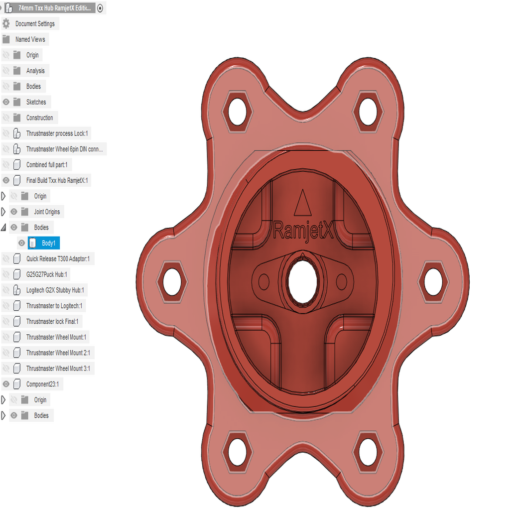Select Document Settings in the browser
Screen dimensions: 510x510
(x=35, y=23)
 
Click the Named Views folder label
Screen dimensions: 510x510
(x=30, y=39)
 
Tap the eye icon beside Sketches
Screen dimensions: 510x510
(x=6, y=102)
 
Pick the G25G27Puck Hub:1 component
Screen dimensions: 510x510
(x=46, y=274)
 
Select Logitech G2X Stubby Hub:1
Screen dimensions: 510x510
(x=55, y=290)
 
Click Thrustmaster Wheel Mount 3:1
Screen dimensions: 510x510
(x=58, y=369)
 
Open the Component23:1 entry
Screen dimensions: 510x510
(x=44, y=384)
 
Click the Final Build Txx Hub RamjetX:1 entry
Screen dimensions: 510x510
(x=57, y=180)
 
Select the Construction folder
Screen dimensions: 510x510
(x=39, y=118)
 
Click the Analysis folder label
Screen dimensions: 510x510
(x=35, y=71)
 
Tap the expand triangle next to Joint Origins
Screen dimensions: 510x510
(x=4, y=212)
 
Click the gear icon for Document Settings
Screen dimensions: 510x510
(x=6, y=23)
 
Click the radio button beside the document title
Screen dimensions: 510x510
(x=100, y=8)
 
